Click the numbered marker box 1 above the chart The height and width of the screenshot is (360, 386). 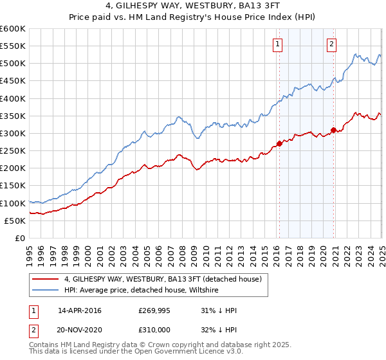[x=277, y=44]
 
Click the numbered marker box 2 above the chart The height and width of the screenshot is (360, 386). [x=331, y=44]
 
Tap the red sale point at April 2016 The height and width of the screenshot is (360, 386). [x=279, y=143]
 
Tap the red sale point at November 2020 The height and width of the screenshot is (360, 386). [x=333, y=130]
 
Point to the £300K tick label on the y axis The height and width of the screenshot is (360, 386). [x=12, y=134]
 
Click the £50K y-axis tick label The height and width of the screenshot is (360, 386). [x=15, y=221]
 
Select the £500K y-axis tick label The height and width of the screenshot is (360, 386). [x=12, y=64]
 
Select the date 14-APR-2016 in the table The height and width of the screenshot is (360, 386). [x=80, y=310]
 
